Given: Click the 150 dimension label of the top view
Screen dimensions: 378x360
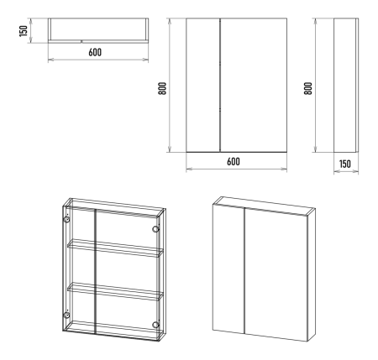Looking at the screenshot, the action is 24,31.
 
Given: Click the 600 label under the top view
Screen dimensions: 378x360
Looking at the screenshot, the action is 95,52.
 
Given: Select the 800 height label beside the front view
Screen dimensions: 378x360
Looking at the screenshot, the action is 162,88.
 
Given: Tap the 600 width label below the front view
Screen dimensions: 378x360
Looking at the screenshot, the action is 234,161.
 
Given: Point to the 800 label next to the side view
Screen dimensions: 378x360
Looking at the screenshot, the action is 308,88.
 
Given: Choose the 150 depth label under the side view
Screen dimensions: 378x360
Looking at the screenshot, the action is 345,164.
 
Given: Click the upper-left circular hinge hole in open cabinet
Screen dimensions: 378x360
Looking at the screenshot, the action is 66,219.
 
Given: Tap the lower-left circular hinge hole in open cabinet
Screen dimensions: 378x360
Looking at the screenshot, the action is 66,315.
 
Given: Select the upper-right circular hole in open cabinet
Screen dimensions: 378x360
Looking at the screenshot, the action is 155,229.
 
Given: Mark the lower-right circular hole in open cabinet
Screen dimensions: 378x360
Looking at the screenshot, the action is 155,325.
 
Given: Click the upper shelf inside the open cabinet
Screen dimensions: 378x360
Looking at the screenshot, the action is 115,248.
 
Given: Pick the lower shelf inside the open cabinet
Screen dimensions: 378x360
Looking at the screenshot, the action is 115,291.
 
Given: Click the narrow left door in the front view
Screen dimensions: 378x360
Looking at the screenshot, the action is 203,86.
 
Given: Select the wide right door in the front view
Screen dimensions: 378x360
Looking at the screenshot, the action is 254,86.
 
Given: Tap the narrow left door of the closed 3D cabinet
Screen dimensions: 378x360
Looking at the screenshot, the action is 228,269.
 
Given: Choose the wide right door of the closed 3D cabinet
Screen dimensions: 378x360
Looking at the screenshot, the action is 276,275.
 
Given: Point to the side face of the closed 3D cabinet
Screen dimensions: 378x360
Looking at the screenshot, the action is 312,275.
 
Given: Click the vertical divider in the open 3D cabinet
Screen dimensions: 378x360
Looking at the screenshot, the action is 95,271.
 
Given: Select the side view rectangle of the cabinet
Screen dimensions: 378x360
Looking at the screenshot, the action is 346,86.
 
